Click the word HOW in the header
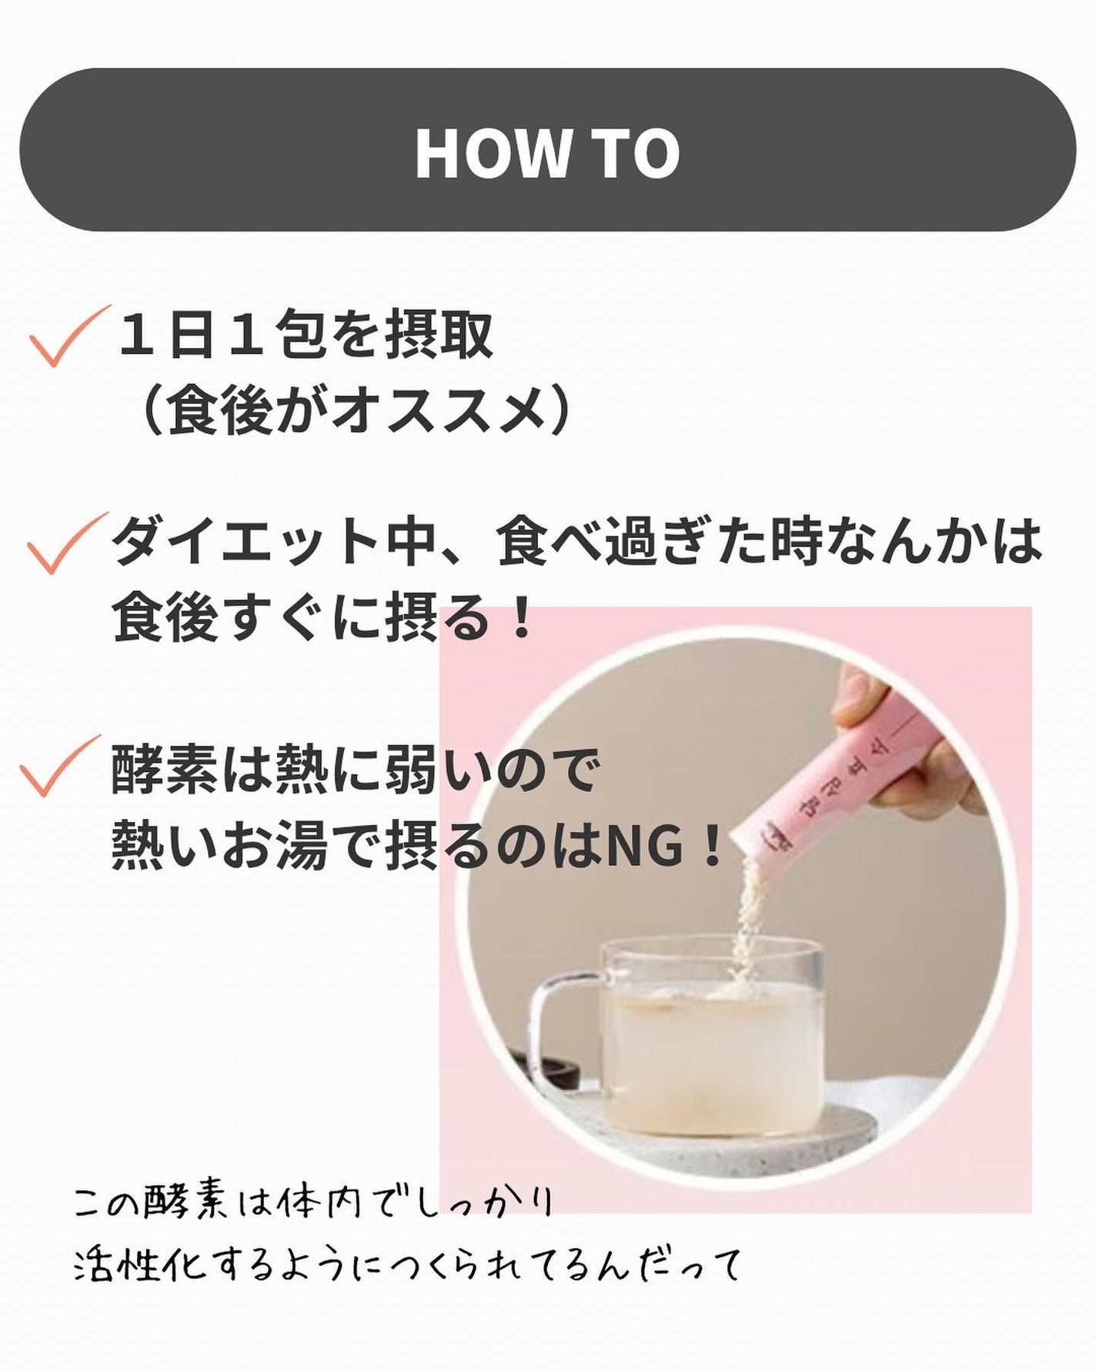tap(490, 152)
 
